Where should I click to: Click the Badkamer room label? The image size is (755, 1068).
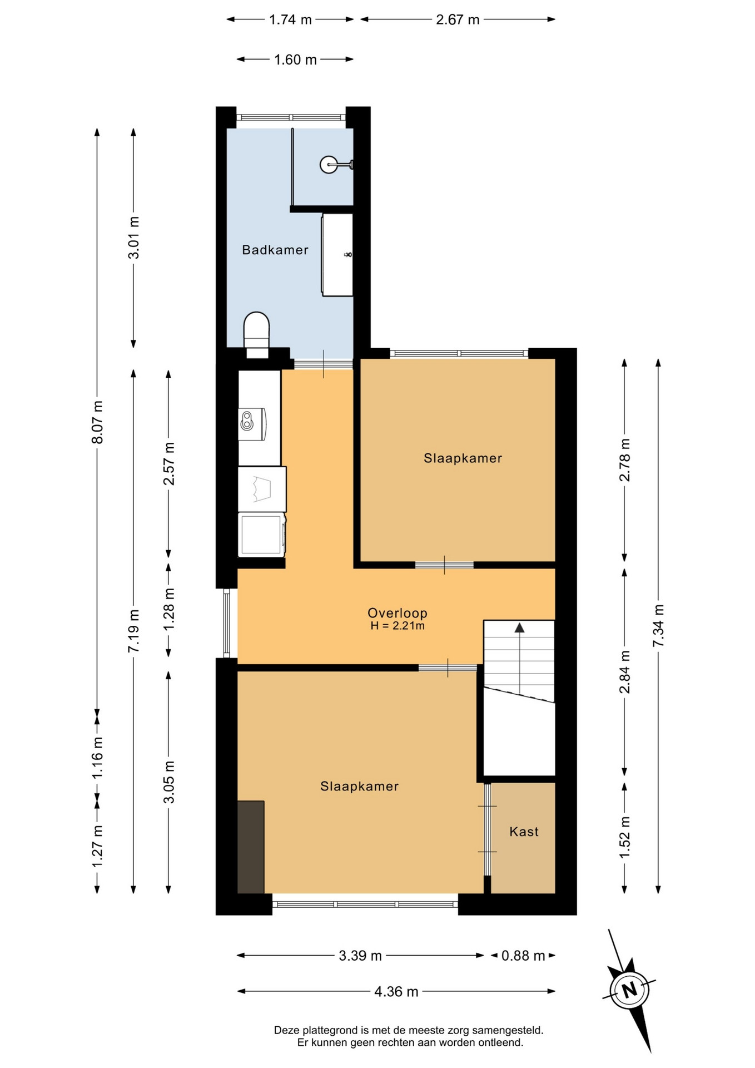pos(275,250)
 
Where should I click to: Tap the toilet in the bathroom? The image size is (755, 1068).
pos(257,334)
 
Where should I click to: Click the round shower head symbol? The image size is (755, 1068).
pos(329,164)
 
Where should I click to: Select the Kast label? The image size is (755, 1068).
pos(524,832)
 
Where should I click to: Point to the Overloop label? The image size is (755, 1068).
pos(398,613)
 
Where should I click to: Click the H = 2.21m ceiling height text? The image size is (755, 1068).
pos(398,626)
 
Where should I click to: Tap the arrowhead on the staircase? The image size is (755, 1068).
pos(519,627)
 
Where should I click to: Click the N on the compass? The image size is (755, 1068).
pos(629,990)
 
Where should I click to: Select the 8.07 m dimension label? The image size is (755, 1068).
pos(97,422)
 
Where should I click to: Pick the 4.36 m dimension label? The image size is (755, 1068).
pos(396,991)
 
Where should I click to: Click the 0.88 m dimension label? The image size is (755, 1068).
pos(523,956)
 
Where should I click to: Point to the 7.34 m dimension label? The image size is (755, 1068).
pos(658,626)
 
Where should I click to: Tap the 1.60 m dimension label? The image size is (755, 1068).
pos(295,60)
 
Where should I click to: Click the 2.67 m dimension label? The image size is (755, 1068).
pos(458,19)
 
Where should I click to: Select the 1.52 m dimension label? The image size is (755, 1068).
pos(625,837)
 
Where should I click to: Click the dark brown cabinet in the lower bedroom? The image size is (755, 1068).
pos(251,847)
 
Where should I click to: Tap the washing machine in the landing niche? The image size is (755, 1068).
pos(262,535)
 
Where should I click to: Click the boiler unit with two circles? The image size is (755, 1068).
pos(252,424)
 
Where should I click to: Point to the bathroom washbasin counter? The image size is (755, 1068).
pos(337,255)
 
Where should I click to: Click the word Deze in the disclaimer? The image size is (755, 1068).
pos(286,1030)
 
